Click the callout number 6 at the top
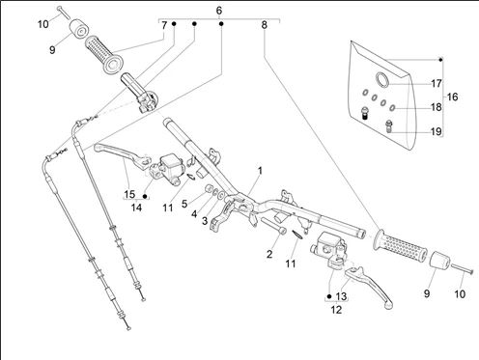[x=219, y=11]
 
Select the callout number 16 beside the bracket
[x=452, y=97]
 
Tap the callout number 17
[x=437, y=84]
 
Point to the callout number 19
[x=437, y=131]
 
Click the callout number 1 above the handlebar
[x=260, y=171]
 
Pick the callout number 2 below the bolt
[x=269, y=254]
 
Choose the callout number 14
[x=136, y=208]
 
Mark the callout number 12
[x=336, y=310]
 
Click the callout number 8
[x=264, y=25]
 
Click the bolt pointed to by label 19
[x=389, y=125]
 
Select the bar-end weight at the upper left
[x=79, y=29]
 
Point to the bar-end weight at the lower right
[x=439, y=260]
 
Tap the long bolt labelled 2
[x=273, y=226]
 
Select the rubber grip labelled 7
[x=103, y=54]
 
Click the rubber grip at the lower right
[x=400, y=247]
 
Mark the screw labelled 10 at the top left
[x=64, y=13]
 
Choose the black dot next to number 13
[x=329, y=296]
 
